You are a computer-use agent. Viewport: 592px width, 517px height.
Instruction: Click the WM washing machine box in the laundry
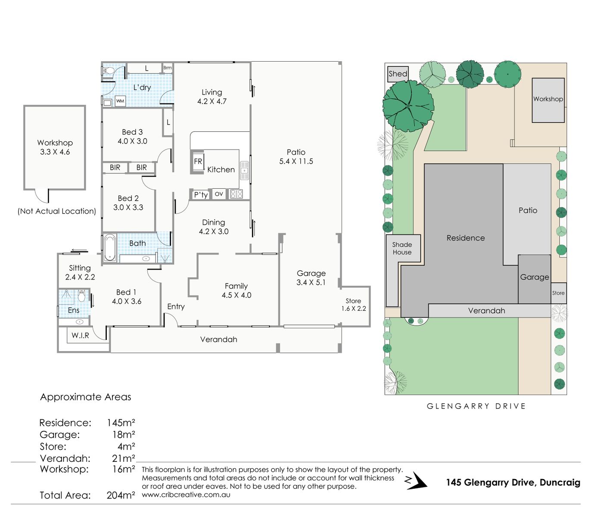click(x=120, y=101)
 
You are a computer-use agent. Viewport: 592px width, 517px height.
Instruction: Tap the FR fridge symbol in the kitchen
click(x=198, y=162)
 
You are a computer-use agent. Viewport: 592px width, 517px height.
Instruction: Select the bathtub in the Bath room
click(x=110, y=247)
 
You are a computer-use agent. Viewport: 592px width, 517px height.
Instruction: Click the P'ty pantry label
click(x=201, y=195)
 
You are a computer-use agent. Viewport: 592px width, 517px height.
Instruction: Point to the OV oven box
click(x=219, y=194)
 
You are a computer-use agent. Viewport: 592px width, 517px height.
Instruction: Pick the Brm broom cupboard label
click(x=168, y=68)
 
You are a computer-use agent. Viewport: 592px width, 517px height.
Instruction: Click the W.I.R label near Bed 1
click(x=81, y=335)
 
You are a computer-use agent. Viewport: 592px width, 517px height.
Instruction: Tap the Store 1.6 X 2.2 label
click(x=354, y=305)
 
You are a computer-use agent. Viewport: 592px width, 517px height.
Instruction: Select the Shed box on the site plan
click(x=398, y=74)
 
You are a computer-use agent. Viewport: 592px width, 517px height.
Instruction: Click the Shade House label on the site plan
click(x=402, y=248)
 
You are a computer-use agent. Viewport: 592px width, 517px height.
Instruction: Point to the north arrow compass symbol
click(x=415, y=480)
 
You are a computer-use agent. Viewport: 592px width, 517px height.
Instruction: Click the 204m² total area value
click(x=121, y=495)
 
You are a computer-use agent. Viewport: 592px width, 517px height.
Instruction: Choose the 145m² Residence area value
click(x=121, y=423)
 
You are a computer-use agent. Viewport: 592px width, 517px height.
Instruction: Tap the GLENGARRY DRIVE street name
click(x=476, y=406)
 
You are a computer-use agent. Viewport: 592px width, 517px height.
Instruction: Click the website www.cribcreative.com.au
click(x=186, y=495)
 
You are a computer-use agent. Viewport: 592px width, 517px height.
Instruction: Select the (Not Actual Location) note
click(x=57, y=211)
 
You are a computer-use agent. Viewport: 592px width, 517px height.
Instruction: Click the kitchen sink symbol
click(x=245, y=171)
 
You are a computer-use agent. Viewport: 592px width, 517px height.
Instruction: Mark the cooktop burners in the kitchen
click(x=237, y=194)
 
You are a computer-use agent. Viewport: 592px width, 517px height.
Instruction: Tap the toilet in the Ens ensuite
click(x=81, y=296)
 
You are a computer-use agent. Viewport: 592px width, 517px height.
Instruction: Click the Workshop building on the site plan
click(x=548, y=100)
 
